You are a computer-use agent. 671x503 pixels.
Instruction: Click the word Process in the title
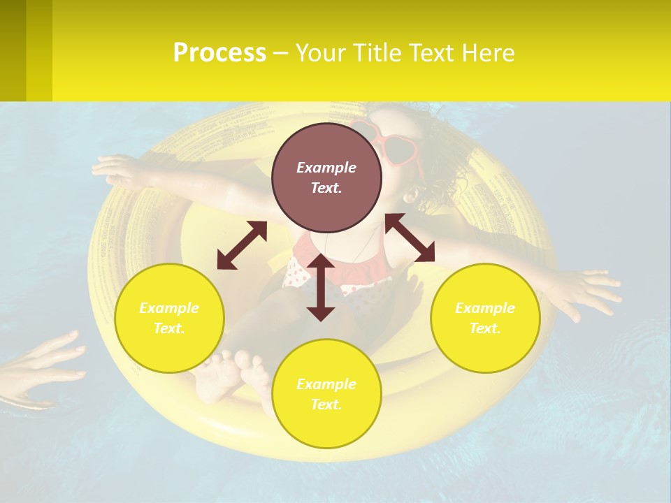pyautogui.click(x=219, y=52)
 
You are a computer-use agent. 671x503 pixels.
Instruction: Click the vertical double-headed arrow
pyautogui.click(x=321, y=287)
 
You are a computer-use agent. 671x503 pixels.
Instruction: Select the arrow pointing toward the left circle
pyautogui.click(x=242, y=245)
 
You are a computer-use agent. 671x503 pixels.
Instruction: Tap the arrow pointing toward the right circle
pyautogui.click(x=410, y=238)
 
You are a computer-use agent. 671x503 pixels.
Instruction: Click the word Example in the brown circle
pyautogui.click(x=326, y=168)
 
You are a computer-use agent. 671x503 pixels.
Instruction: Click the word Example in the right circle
pyautogui.click(x=485, y=308)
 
